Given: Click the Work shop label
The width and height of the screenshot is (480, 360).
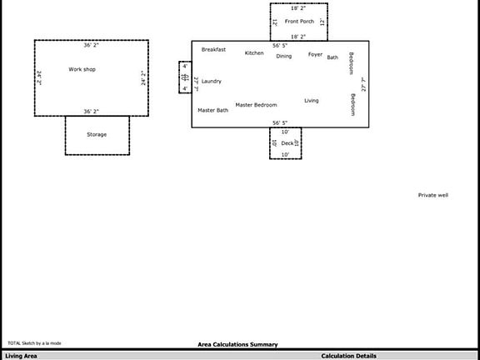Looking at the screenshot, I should [82, 69].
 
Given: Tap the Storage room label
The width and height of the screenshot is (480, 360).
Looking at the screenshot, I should [97, 134].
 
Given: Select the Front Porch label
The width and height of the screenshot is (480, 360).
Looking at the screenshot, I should [299, 21].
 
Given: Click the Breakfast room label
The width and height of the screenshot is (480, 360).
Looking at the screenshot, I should [213, 49].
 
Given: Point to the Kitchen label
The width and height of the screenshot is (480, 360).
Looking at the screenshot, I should [254, 53].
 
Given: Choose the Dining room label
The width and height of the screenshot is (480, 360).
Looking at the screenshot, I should [284, 56].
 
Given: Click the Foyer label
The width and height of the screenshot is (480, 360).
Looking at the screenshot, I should [315, 54].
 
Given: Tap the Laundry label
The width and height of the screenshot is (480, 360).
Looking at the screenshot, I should [212, 81].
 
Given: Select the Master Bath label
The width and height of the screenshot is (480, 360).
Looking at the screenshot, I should [212, 110].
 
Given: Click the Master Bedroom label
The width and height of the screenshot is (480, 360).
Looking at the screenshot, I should [256, 105].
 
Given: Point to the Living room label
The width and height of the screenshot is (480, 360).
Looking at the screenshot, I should [312, 101].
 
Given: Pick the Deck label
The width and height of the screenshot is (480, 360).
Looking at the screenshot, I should [287, 143].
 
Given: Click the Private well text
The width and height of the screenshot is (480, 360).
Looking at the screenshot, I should [433, 195].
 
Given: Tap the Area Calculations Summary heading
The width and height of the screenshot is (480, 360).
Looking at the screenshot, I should [237, 344].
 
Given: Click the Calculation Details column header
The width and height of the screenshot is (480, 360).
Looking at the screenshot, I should [348, 356].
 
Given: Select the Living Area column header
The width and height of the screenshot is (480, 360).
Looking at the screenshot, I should [21, 356].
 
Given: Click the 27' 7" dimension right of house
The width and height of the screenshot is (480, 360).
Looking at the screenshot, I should [363, 83].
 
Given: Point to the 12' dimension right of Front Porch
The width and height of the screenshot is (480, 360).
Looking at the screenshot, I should [322, 21].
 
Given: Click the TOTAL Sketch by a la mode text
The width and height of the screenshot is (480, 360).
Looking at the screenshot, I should [34, 343].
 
